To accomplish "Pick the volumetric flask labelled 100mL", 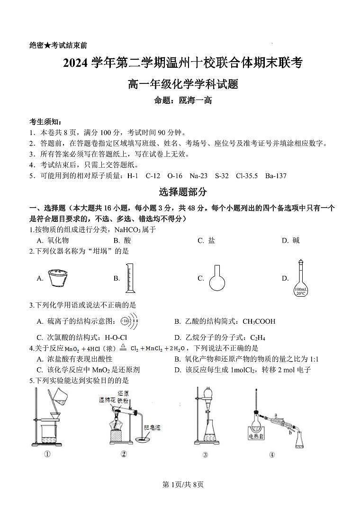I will (x=300, y=280).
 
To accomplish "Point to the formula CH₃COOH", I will (x=259, y=321).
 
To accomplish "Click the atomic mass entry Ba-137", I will (x=276, y=176).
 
